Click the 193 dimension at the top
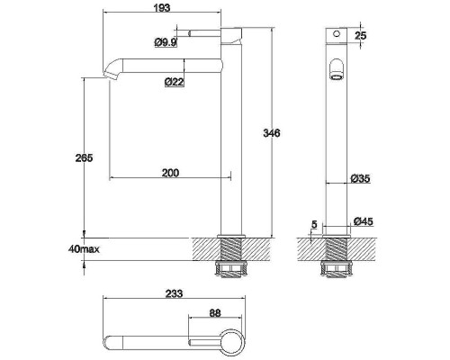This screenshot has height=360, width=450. [x=162, y=7]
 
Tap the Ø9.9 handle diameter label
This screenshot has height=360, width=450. [x=166, y=42]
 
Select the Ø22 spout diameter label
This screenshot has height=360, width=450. [x=175, y=82]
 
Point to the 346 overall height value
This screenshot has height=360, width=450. [x=272, y=133]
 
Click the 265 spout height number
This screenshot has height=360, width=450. [x=84, y=157]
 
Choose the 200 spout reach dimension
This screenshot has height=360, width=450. [x=170, y=173]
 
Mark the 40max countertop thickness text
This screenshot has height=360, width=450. [x=84, y=249]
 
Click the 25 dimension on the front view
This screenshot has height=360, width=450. [x=361, y=35]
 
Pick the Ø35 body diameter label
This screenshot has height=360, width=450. [x=361, y=179]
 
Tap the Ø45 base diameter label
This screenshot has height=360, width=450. [x=364, y=221]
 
